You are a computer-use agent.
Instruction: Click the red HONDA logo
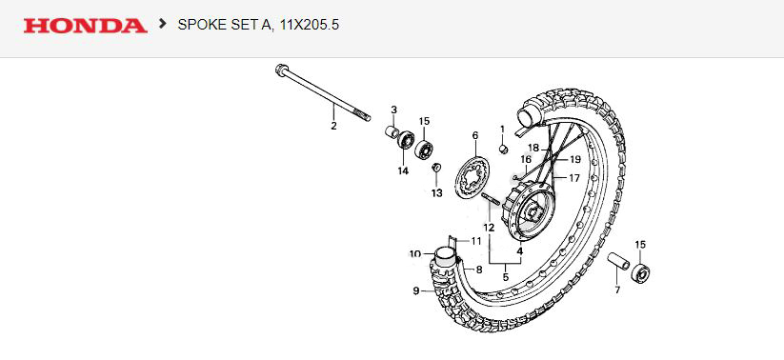click(85, 25)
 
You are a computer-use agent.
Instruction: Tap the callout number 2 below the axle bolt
click(333, 126)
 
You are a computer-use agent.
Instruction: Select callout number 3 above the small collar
click(394, 110)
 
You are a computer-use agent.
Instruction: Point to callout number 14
click(403, 171)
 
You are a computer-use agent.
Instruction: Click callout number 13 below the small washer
click(436, 193)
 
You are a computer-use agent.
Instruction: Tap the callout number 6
click(474, 137)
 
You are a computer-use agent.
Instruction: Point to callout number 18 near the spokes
click(534, 148)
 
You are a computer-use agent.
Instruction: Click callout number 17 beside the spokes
click(574, 178)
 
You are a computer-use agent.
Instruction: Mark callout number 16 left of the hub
click(525, 160)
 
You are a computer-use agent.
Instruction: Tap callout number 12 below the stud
click(488, 229)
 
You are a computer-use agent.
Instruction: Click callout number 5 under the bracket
click(506, 277)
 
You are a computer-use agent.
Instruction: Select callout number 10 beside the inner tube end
click(414, 254)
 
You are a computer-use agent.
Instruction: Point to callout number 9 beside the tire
click(415, 290)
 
